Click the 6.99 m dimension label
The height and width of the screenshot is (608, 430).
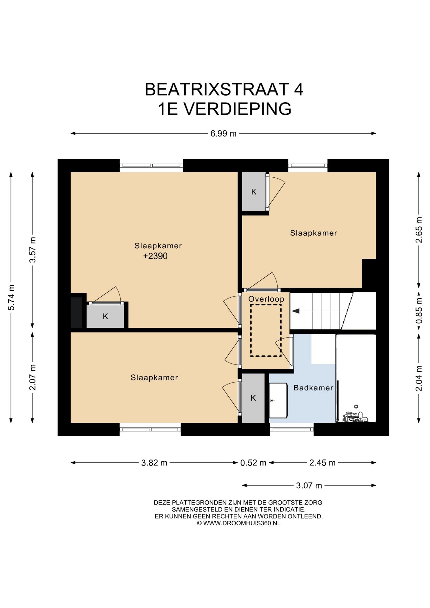(x=223, y=134)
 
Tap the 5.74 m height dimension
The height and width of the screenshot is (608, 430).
(x=11, y=297)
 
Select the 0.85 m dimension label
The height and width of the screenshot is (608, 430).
(x=419, y=310)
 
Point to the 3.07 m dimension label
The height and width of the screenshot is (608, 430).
(x=309, y=485)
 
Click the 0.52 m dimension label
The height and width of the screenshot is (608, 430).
(x=253, y=463)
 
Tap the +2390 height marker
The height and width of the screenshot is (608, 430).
(x=155, y=256)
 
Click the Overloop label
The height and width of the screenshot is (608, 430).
(x=266, y=299)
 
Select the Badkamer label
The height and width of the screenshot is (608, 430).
(x=313, y=388)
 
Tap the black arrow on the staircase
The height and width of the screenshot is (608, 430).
(x=295, y=311)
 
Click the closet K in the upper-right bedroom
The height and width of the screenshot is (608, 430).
(x=254, y=192)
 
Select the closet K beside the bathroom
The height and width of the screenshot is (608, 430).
(x=253, y=398)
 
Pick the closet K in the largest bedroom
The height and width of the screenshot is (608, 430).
(x=105, y=316)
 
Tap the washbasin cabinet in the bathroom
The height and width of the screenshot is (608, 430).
(x=278, y=400)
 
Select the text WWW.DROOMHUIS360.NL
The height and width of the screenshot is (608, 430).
(x=242, y=523)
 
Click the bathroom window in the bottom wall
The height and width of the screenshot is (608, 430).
(x=292, y=429)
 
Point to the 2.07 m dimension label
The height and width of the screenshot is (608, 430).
(x=33, y=377)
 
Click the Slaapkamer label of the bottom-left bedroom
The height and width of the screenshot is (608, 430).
(x=154, y=377)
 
